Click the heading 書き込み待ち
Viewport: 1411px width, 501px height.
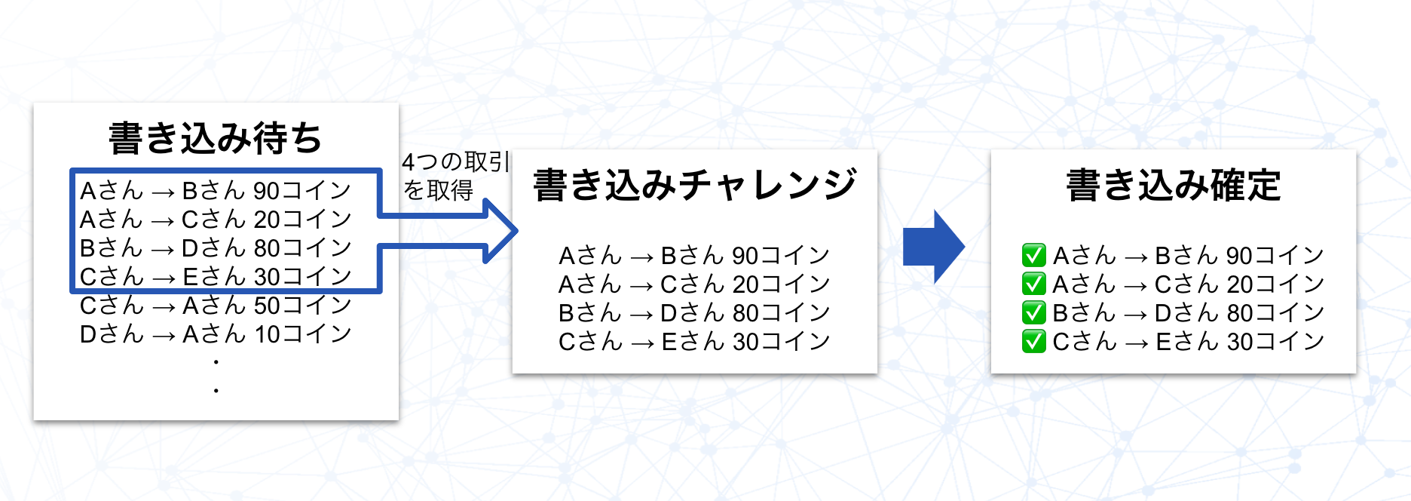216,138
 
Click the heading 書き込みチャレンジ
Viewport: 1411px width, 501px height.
694,186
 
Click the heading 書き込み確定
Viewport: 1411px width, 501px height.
1173,186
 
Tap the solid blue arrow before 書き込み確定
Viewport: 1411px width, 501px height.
933,246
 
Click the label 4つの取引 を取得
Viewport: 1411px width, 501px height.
455,176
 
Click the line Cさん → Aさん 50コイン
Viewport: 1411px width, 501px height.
216,306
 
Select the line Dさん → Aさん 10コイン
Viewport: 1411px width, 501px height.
216,334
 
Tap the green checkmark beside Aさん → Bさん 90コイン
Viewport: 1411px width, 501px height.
1033,255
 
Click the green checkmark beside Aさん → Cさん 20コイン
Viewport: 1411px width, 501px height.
1033,284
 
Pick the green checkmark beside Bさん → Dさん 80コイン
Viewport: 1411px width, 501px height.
1033,312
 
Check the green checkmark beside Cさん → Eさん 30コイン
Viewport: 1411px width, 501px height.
1033,341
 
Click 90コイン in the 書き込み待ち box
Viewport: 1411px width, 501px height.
302,190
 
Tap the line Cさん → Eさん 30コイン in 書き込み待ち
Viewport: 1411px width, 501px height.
216,277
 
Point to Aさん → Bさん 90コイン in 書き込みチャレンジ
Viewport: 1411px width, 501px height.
694,255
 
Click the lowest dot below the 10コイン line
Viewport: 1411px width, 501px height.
216,391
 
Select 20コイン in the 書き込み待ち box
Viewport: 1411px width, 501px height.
302,219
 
